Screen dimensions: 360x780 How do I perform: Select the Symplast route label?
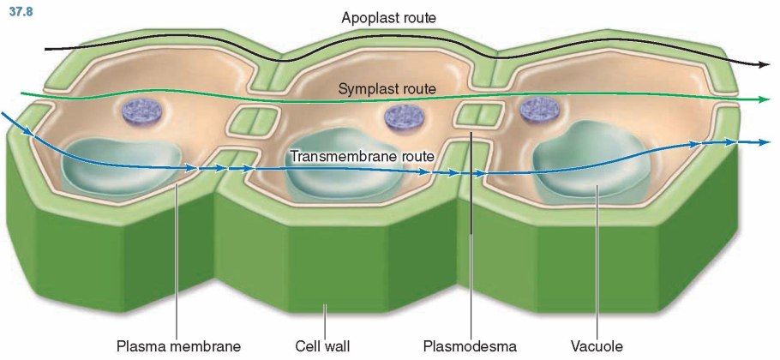point(387,88)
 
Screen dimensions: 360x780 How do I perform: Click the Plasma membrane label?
point(178,347)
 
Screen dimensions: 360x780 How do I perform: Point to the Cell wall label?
point(323,347)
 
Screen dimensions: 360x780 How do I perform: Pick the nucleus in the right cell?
point(540,109)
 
